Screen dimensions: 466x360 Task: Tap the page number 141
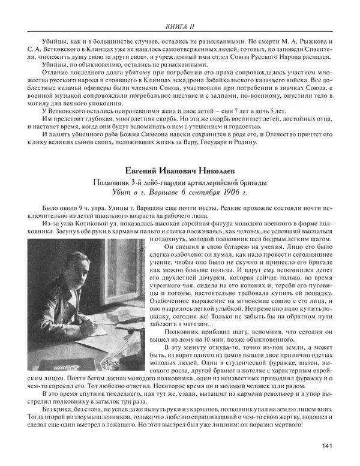327,445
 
